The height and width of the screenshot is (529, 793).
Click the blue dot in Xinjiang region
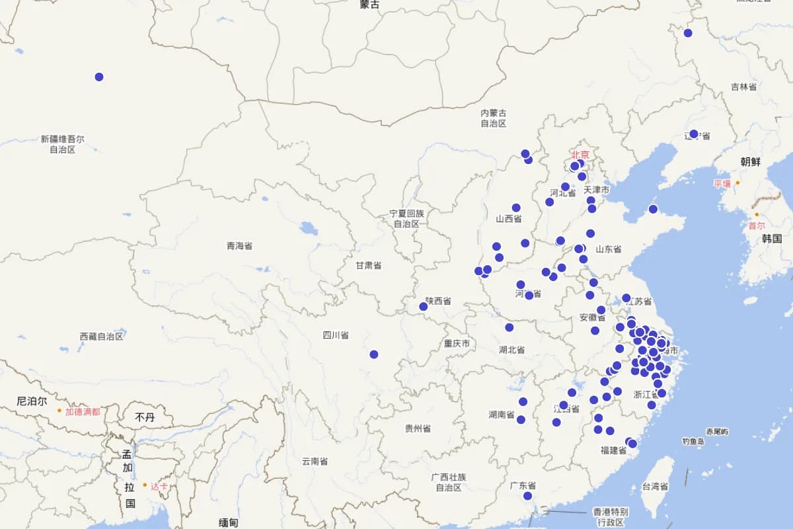coord(99,77)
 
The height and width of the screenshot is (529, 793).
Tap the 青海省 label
coord(239,246)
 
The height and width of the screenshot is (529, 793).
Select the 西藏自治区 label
coord(102,337)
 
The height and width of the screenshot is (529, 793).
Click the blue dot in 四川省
coord(374,354)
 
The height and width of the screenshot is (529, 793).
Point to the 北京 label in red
coord(580,155)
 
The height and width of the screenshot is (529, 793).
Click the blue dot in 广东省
coord(527,496)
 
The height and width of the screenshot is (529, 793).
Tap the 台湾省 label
coord(655,487)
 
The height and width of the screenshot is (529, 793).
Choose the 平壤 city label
coord(722,183)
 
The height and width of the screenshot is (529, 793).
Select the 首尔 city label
coord(756,225)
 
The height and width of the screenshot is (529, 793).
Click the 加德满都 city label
coord(83,411)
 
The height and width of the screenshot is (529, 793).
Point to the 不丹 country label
coord(145,417)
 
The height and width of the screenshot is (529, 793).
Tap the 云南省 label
coord(315,462)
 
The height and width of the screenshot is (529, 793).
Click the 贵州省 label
coord(418,428)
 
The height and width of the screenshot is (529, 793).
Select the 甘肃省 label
coord(368,265)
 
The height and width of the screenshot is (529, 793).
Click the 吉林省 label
coord(744,87)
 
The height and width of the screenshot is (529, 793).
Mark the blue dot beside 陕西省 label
coord(424,306)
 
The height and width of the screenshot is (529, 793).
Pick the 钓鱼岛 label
coord(694,441)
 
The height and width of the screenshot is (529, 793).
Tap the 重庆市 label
coord(457,344)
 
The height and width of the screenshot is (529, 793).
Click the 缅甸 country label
coord(228,522)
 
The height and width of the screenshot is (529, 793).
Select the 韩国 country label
coord(772,239)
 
